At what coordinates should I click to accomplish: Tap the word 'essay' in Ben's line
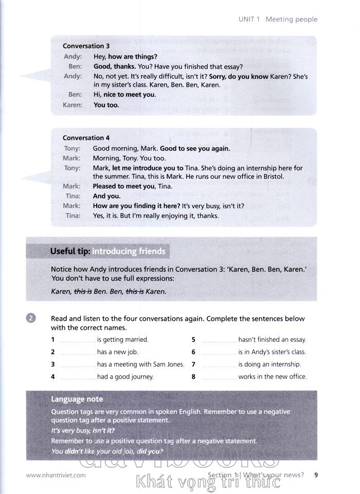232,66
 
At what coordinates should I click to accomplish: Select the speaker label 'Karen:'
73,105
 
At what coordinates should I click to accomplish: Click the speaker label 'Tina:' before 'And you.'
73,196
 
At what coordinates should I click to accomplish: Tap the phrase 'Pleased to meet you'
123,186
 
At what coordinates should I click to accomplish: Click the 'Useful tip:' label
70,251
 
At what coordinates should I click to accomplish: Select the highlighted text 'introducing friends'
129,251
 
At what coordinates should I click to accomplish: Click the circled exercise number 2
31,319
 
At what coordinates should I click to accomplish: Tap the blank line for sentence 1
78,340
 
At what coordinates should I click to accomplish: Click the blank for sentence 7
219,365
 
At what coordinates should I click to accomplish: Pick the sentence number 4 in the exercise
53,377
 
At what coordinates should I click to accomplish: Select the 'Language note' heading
77,399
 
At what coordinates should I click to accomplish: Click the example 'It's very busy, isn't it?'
83,430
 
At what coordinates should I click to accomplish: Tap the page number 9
316,474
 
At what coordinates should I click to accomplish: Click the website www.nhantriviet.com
56,475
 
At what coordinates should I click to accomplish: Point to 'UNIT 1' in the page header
249,20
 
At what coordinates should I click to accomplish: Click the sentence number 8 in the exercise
193,377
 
